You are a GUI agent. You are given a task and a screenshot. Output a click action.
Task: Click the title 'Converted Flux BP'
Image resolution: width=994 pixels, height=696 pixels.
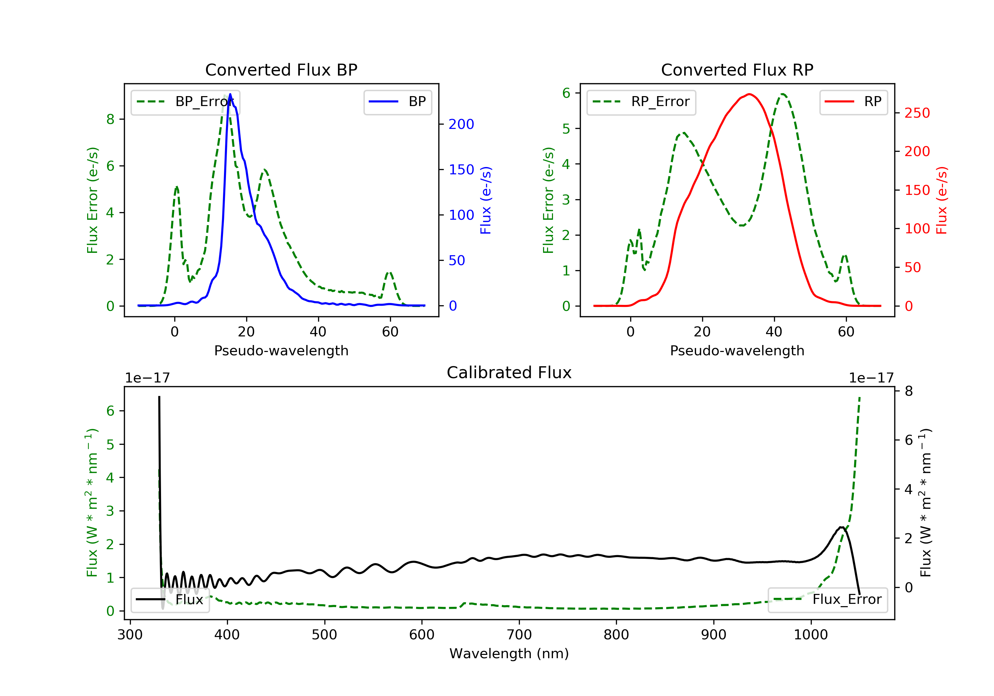tap(281, 70)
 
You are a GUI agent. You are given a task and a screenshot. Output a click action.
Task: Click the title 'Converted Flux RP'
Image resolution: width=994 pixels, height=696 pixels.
tap(737, 70)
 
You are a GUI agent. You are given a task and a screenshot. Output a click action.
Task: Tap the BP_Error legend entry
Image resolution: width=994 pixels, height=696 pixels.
tap(185, 102)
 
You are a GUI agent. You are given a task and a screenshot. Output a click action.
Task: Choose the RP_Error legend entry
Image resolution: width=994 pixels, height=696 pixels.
tap(641, 102)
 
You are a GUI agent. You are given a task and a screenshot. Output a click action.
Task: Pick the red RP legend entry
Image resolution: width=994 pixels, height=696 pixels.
tap(853, 102)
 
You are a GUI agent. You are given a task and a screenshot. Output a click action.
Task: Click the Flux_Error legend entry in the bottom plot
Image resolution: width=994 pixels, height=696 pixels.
tap(827, 600)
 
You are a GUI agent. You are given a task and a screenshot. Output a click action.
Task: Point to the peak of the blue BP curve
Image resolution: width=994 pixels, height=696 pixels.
tap(230, 94)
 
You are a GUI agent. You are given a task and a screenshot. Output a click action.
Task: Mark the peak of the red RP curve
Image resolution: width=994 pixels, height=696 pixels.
tap(749, 94)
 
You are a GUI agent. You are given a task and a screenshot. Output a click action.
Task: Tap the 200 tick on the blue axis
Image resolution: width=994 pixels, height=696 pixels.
tap(461, 124)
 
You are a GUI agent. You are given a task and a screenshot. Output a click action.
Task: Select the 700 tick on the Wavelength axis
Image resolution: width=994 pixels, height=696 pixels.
tap(519, 635)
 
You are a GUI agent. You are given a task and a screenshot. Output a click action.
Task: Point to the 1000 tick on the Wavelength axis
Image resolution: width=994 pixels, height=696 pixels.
tap(810, 635)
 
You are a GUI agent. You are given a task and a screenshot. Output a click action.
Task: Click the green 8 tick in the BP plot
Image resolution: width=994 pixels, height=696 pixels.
tap(110, 119)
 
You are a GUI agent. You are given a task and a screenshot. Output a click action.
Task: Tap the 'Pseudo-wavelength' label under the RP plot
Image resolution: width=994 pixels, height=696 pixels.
tap(737, 350)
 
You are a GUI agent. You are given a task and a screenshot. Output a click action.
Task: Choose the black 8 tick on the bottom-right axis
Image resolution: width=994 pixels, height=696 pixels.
tap(909, 391)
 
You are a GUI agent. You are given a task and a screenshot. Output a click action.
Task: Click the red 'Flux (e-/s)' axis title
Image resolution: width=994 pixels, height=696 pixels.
tap(942, 200)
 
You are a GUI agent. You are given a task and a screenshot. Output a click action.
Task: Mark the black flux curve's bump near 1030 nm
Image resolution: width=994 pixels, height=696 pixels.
tap(841, 528)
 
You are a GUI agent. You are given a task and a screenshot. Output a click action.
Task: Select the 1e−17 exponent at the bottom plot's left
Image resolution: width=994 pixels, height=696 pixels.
tap(147, 378)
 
